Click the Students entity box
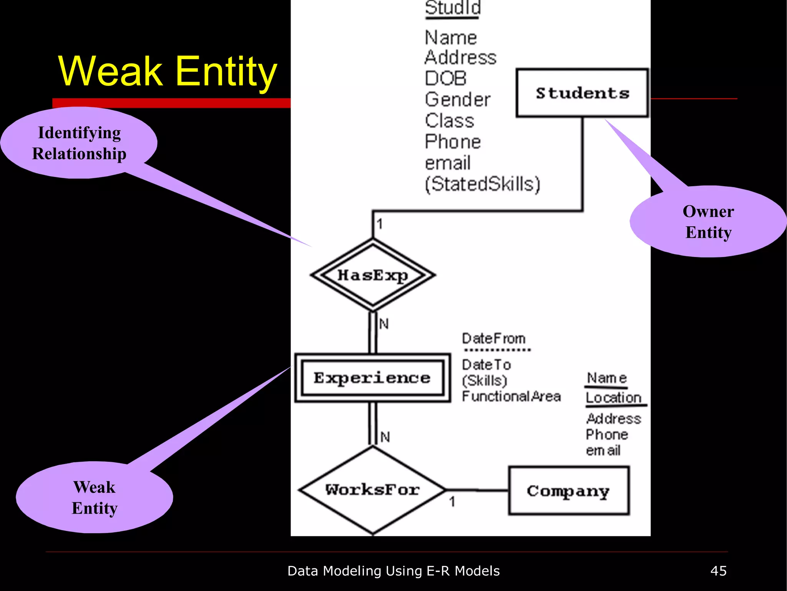(582, 93)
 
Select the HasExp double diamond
(373, 275)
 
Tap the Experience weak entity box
(372, 378)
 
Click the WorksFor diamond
(372, 490)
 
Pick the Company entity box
(568, 491)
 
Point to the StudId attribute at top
(453, 8)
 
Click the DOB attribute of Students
(446, 78)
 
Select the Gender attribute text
(458, 100)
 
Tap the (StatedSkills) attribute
(483, 184)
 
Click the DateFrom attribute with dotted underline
(494, 339)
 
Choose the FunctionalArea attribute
(511, 396)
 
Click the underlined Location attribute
(614, 398)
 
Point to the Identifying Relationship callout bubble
(79, 143)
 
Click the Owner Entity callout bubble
(708, 222)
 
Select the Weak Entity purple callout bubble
(95, 498)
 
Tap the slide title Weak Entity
(168, 71)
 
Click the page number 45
(718, 571)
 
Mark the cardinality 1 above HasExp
(380, 224)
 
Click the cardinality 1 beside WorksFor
(452, 501)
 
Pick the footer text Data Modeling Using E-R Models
(393, 571)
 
